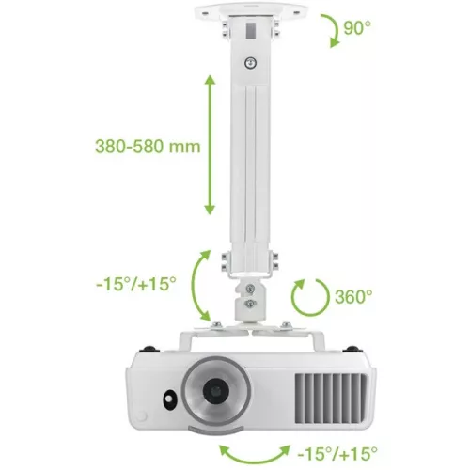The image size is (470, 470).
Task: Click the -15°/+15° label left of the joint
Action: click(x=136, y=283)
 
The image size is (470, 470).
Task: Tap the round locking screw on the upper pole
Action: click(x=249, y=62)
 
